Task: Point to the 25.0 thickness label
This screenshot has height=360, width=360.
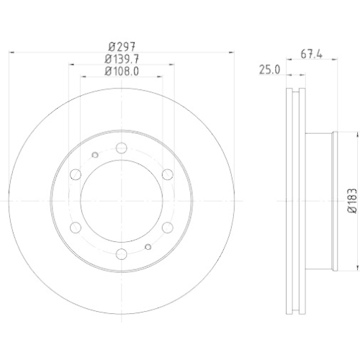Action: coord(269,69)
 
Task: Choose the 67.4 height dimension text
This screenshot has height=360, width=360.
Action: coord(310,53)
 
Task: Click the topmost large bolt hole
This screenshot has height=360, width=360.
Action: coord(121,148)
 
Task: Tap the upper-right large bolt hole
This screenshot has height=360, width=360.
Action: coord(166,174)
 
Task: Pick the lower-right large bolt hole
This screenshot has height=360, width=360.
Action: coord(166,226)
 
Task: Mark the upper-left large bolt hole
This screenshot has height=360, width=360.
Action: coord(76,174)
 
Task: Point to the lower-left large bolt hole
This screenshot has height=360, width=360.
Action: coord(76,226)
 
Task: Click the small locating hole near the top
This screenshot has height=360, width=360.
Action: coord(96,155)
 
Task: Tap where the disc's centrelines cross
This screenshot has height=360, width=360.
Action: coord(121,200)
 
